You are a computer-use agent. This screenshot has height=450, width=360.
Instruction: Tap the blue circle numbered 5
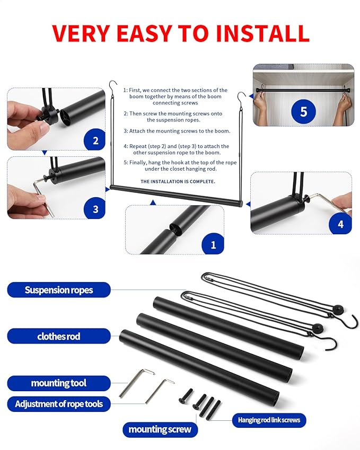coord(303,112)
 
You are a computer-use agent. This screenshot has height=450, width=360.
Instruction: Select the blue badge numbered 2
coord(95,140)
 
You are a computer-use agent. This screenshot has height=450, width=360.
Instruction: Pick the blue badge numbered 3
coord(95,209)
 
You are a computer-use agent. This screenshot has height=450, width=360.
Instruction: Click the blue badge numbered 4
coord(340,224)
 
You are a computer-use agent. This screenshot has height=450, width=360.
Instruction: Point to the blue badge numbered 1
coord(214,245)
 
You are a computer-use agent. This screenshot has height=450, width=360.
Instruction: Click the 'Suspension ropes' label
coord(59,290)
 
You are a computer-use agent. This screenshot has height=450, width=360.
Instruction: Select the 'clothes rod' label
coord(59,336)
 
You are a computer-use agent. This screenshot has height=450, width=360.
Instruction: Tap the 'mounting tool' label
coord(59,383)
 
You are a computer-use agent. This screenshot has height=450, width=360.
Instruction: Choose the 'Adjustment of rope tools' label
coord(59,404)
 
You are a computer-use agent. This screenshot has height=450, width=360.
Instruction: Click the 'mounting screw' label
coord(160,429)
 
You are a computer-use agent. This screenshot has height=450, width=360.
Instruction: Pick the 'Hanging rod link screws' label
coord(269,420)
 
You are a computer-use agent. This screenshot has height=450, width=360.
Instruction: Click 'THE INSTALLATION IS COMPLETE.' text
coord(178,181)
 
